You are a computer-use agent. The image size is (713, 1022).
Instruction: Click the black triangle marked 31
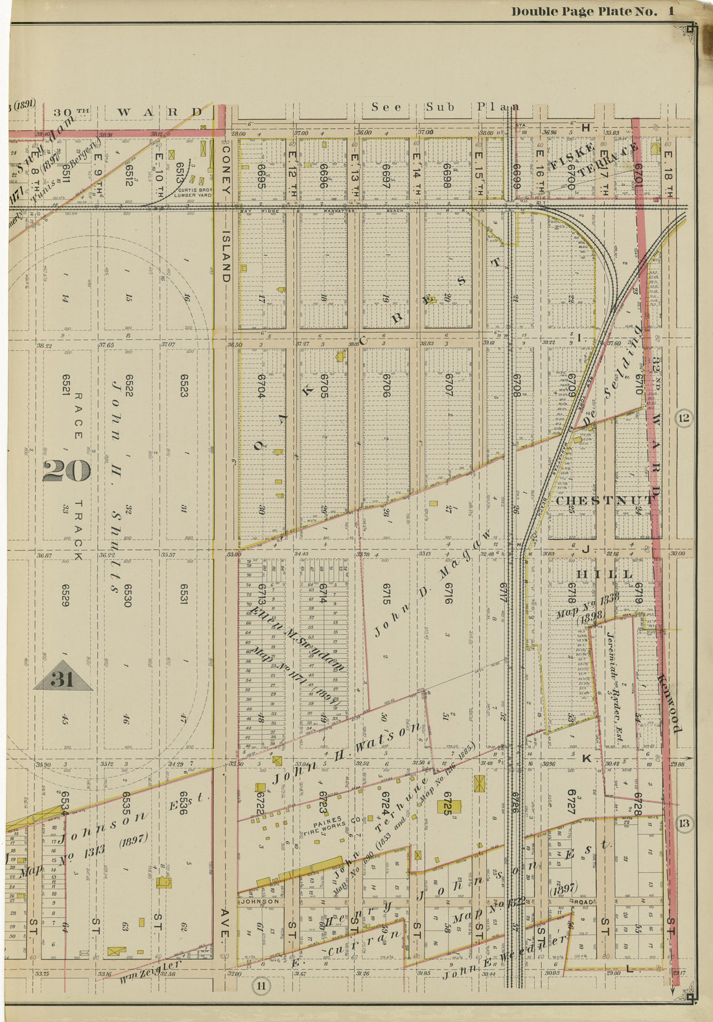[63, 677]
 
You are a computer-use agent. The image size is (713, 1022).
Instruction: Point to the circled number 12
[683, 418]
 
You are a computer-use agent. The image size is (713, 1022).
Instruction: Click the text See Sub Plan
[445, 107]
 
